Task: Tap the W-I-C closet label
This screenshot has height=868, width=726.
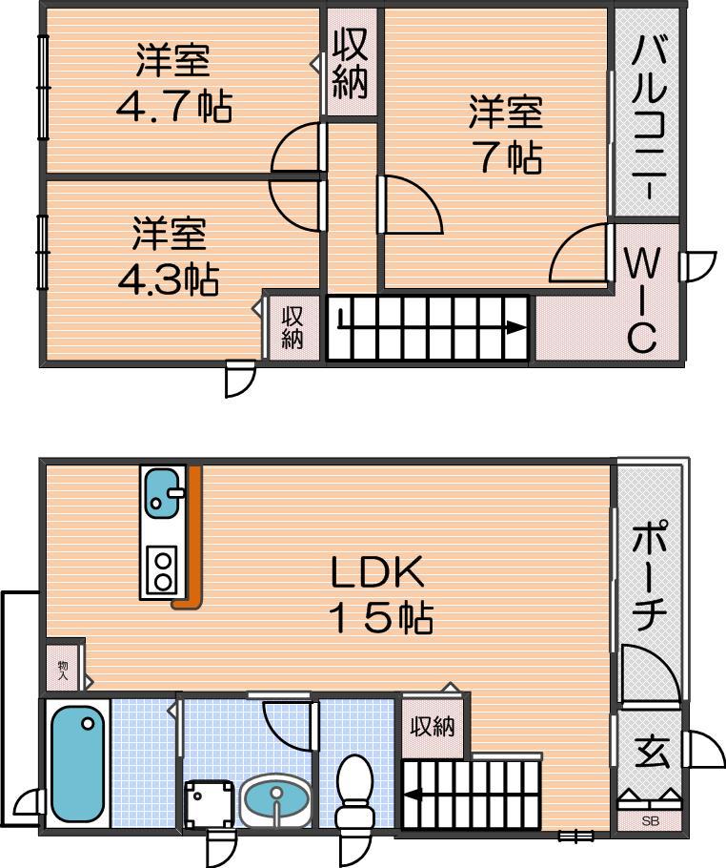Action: click(642, 299)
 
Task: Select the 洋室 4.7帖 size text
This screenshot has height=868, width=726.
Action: click(173, 107)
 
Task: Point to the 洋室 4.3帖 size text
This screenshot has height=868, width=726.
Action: click(169, 279)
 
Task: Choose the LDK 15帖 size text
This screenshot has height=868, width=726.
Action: click(380, 617)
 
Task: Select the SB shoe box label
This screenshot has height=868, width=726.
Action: click(650, 821)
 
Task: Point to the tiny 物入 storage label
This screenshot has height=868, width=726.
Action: click(62, 671)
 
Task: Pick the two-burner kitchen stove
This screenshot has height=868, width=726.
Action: click(163, 570)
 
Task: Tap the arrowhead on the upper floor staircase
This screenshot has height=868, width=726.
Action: click(516, 328)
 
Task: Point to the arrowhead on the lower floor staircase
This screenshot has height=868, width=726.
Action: click(412, 796)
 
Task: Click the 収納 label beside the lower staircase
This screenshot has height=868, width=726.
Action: click(433, 726)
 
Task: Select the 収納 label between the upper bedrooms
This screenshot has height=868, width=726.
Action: click(351, 65)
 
